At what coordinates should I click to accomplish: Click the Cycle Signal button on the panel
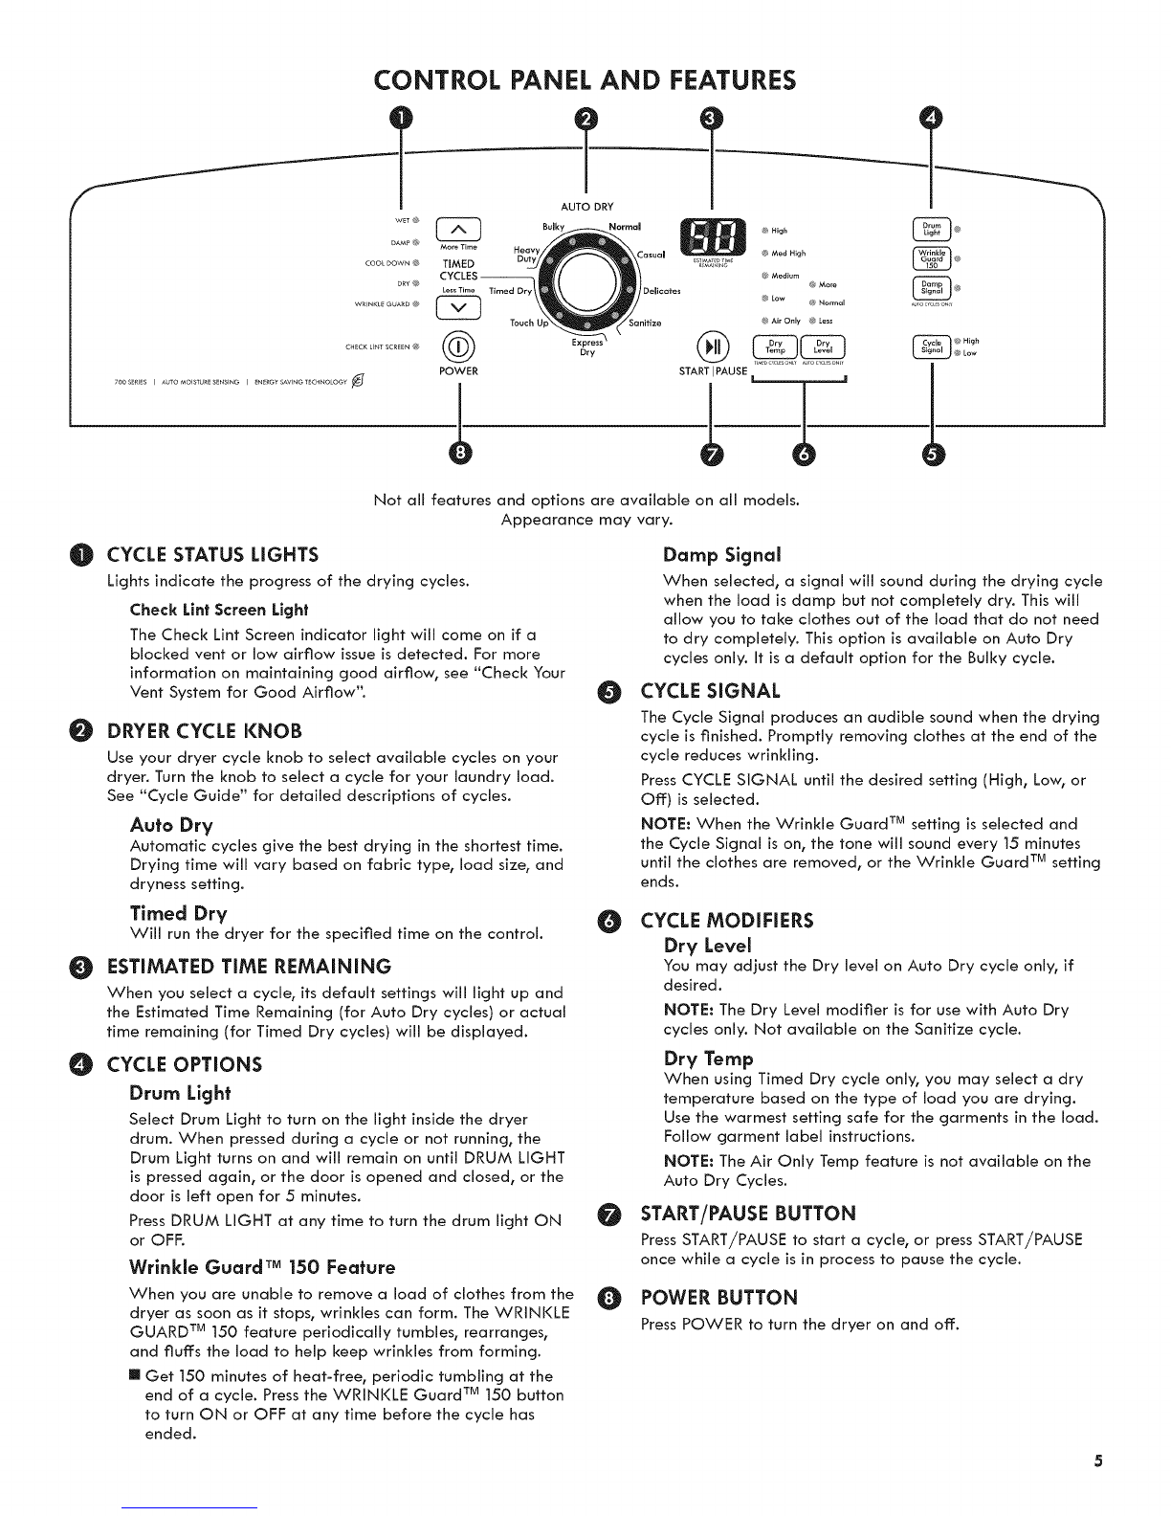[931, 346]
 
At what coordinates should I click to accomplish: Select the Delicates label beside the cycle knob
[662, 290]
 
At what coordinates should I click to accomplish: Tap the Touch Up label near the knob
[528, 323]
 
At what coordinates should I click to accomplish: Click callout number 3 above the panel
[709, 118]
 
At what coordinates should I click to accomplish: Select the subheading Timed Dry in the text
[178, 912]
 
